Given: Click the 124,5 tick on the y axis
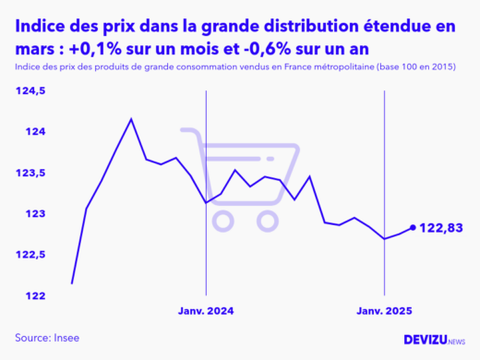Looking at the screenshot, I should tap(30, 91).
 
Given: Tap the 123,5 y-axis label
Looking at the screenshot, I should tap(30, 174).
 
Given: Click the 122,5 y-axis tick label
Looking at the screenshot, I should tap(30, 255).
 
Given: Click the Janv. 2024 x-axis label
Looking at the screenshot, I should tap(206, 311).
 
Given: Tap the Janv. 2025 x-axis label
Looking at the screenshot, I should tap(385, 311).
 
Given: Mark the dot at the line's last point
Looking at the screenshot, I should tap(413, 227).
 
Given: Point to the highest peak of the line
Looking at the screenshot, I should tap(131, 119).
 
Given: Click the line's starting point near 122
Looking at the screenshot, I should tap(72, 282).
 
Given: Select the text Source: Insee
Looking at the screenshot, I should tap(47, 338).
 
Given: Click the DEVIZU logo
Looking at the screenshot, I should tap(435, 340).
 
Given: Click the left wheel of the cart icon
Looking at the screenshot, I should tap(222, 220).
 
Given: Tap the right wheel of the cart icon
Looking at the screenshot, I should tap(268, 220).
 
